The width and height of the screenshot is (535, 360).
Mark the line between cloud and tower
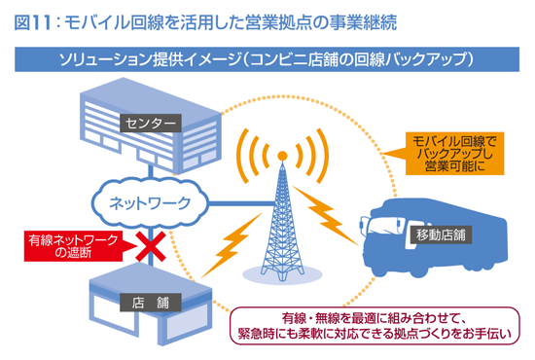click(x=237, y=203)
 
